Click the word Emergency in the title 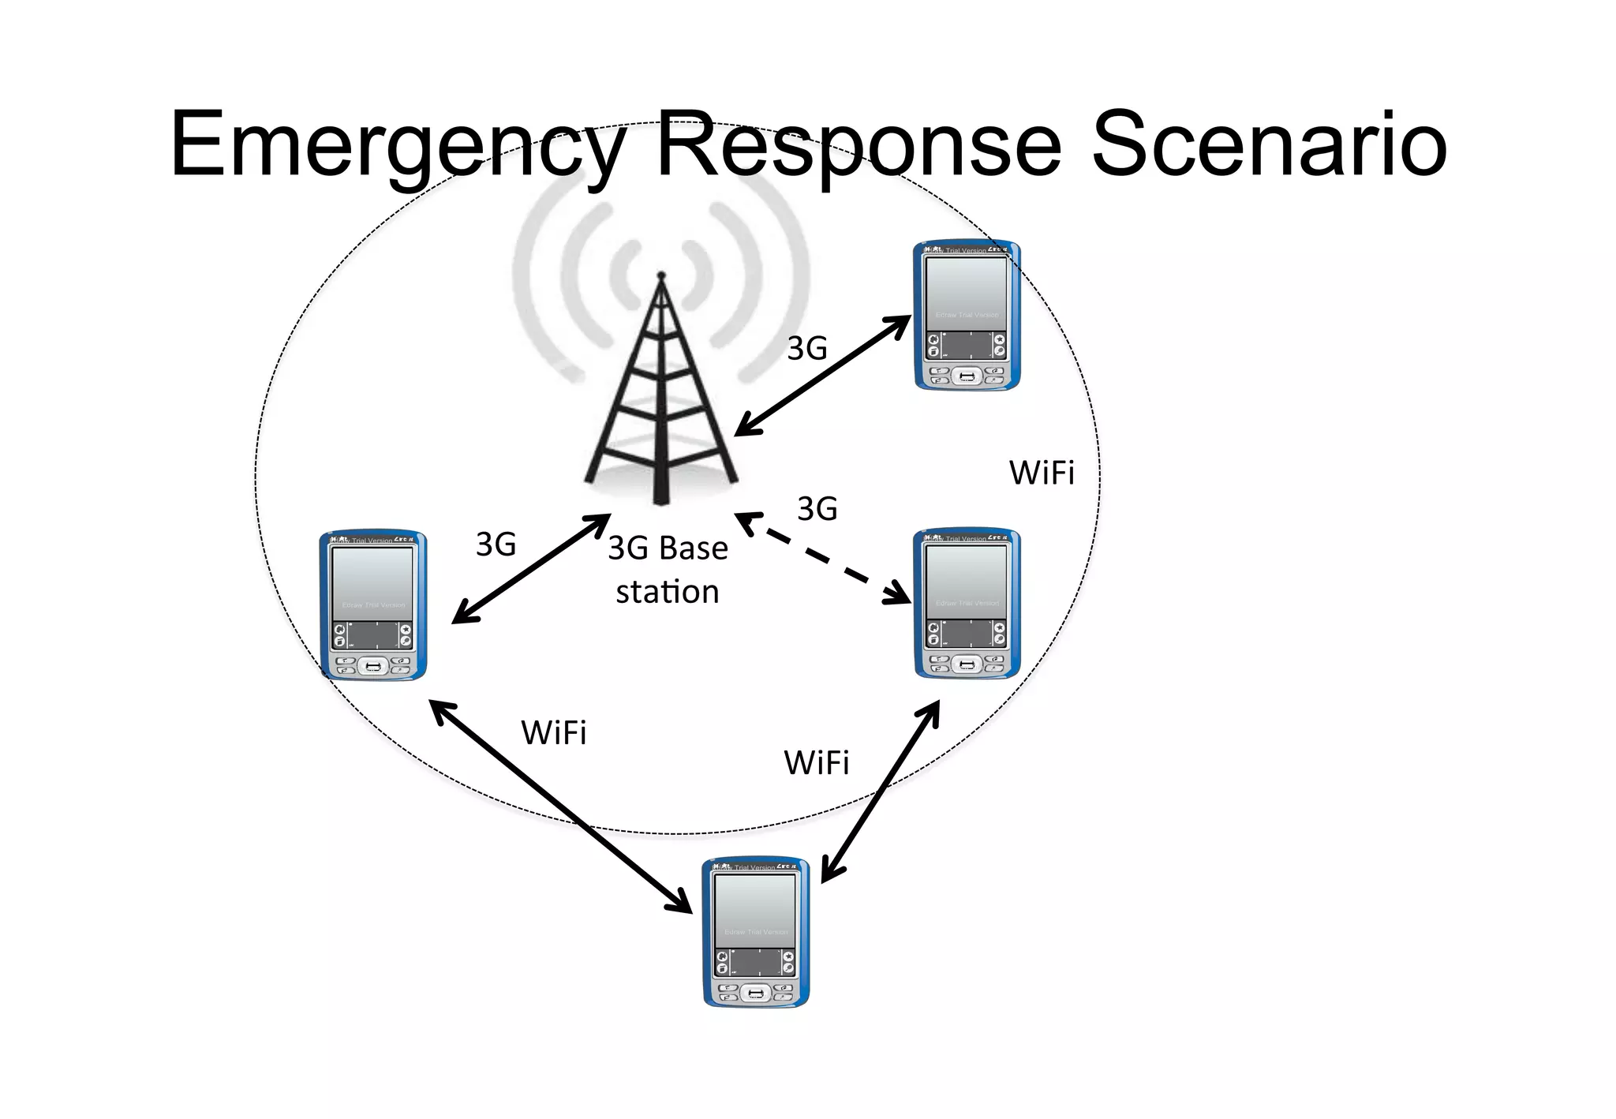[x=395, y=146]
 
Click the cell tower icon [x=661, y=395]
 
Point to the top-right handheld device [x=967, y=316]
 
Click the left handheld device [x=373, y=605]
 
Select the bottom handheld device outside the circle [x=756, y=932]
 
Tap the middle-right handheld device [x=967, y=604]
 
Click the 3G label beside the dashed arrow [x=817, y=509]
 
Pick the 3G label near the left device [x=496, y=545]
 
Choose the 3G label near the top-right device [x=807, y=349]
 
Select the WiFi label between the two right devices [x=1042, y=473]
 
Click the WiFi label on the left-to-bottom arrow [x=554, y=733]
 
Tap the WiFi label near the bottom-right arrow [x=816, y=763]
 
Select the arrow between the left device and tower [x=530, y=569]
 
